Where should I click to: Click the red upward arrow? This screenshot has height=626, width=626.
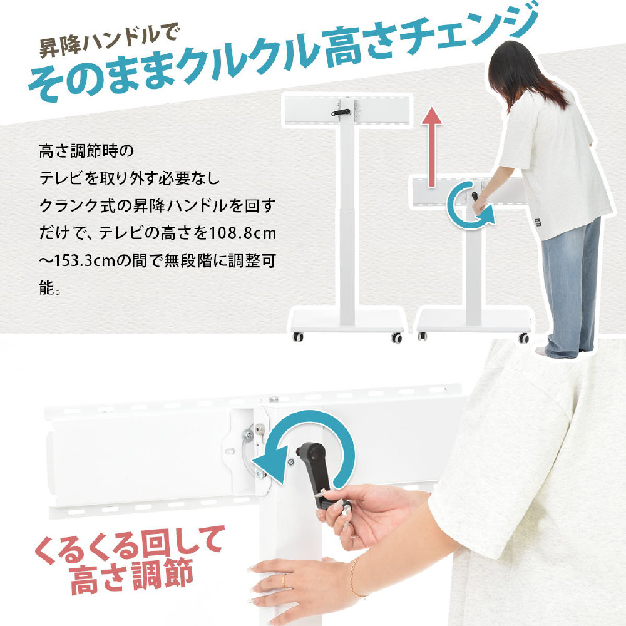[x=431, y=147]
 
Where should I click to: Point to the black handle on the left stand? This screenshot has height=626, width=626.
[x=341, y=113]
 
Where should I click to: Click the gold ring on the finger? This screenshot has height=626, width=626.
[x=284, y=581]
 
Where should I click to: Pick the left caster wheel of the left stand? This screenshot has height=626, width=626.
[x=298, y=337]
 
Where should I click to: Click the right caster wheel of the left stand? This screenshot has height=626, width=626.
[x=396, y=338]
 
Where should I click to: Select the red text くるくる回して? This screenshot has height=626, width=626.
[x=128, y=545]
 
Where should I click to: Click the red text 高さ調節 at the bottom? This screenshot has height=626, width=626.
[x=131, y=577]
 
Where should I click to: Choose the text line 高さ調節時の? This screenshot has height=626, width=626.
[x=86, y=151]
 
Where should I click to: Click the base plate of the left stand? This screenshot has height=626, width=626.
[x=347, y=321]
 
